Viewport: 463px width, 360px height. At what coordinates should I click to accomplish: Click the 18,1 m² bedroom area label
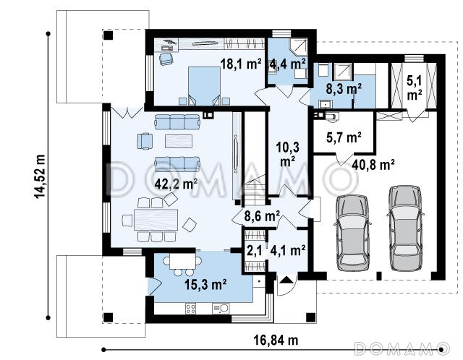[x=241, y=64]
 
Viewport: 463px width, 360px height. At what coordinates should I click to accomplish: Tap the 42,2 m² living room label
[x=177, y=184]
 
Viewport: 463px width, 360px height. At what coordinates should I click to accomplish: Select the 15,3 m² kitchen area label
[x=205, y=285]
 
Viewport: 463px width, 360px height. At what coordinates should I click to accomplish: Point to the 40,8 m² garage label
[x=373, y=164]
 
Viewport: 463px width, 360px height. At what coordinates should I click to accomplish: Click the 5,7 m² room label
[x=344, y=137]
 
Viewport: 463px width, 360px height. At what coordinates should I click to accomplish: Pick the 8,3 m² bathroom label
[x=344, y=88]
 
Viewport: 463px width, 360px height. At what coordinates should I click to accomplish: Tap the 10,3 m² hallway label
[x=288, y=154]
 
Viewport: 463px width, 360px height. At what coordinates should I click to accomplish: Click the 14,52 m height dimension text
[x=40, y=176]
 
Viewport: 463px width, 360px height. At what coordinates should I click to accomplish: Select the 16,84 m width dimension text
[x=276, y=340]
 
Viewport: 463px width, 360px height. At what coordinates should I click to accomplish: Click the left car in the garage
[x=352, y=232]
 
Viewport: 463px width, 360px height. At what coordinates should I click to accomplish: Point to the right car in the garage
[x=405, y=228]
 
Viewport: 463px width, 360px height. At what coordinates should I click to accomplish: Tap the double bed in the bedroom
[x=204, y=85]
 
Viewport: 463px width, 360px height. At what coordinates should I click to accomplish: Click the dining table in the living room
[x=156, y=220]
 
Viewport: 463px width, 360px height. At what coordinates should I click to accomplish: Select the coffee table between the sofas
[x=179, y=141]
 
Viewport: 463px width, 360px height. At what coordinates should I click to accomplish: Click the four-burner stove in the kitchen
[x=190, y=309]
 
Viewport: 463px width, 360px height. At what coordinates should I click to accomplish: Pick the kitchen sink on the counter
[x=221, y=309]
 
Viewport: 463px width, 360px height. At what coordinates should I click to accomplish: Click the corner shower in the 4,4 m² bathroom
[x=299, y=47]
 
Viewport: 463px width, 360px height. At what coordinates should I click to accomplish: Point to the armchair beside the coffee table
[x=145, y=141]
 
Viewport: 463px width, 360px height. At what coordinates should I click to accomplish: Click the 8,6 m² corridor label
[x=262, y=216]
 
